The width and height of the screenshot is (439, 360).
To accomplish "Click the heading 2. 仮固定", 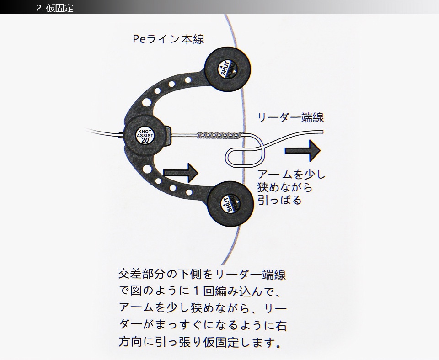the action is [54, 8].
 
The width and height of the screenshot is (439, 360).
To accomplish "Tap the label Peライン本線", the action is [168, 39].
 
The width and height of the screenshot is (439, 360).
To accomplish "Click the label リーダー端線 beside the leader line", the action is [291, 117].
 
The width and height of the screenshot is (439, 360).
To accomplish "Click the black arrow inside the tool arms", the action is [181, 172].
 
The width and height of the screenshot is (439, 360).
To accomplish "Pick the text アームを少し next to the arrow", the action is [291, 175].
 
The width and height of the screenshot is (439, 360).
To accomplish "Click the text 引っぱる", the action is [280, 200].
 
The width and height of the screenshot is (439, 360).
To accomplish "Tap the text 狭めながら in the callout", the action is [285, 187].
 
